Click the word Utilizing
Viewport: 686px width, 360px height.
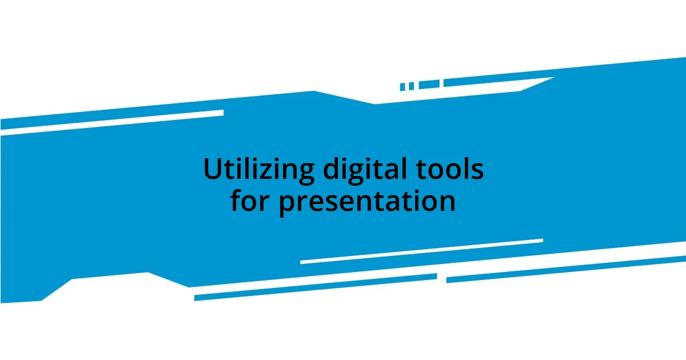click(258, 170)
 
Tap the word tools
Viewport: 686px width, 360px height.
click(453, 170)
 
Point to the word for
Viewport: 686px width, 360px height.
click(252, 201)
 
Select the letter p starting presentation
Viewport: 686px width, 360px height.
click(288, 205)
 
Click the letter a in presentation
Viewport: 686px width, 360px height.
click(390, 203)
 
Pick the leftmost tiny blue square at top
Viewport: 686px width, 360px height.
click(402, 87)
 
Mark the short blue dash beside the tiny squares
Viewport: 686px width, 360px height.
click(429, 84)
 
